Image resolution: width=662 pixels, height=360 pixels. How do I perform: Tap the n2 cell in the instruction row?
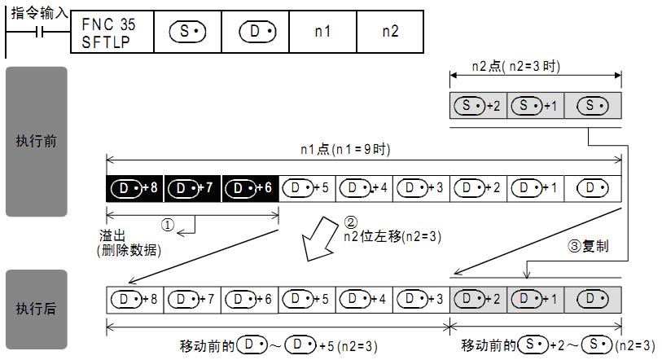(390, 32)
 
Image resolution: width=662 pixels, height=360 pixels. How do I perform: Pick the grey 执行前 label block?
(37, 141)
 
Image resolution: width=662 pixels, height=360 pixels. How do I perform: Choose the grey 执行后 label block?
(37, 310)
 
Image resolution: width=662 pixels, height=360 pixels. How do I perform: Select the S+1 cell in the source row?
(536, 106)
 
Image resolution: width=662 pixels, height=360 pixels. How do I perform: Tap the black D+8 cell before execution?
(135, 188)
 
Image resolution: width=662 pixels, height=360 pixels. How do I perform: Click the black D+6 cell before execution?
(250, 188)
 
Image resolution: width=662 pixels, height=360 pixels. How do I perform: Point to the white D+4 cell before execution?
(364, 188)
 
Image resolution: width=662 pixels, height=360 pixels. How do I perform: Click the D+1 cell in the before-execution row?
(536, 188)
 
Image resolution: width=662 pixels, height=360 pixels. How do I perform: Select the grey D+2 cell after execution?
(479, 299)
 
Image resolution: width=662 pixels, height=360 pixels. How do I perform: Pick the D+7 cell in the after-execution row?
(192, 299)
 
